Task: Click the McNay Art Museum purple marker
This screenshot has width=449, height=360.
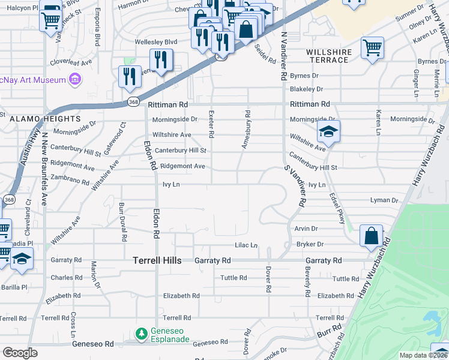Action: point(75,79)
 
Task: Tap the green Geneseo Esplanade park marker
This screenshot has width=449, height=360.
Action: point(142,333)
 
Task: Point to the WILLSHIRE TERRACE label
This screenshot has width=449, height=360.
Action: point(329,56)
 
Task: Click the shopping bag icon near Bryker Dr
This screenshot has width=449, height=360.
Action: point(371,236)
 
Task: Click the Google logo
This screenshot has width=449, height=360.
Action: point(20,353)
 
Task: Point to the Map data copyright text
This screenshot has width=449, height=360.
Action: point(423,355)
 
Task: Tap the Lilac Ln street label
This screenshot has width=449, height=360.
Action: point(246,245)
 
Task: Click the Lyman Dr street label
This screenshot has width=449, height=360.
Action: point(385,200)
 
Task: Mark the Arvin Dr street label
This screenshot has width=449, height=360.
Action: point(306,229)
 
